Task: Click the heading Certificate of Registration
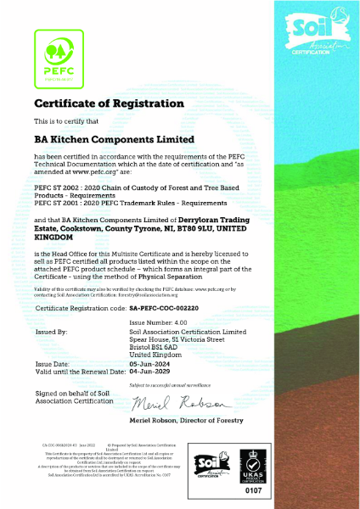[96, 103]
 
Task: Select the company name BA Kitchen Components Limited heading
[115, 138]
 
